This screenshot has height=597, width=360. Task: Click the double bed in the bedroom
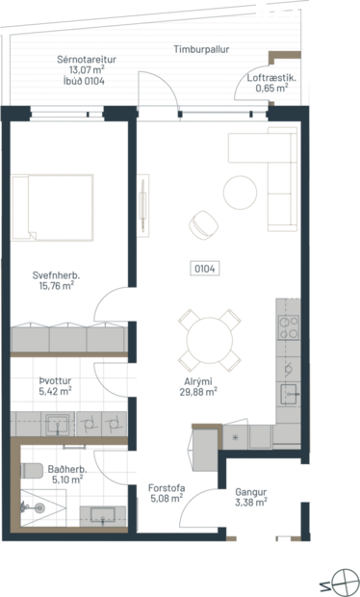coord(54,206)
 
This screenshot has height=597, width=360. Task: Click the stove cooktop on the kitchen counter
coord(288,326)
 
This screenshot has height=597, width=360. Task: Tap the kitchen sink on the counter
coord(288,394)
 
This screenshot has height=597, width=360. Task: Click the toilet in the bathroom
coord(31,472)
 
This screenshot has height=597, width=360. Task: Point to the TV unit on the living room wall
coord(145,204)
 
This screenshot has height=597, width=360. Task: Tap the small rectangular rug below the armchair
coord(205,268)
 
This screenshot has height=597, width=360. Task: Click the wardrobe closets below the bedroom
coord(68,340)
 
